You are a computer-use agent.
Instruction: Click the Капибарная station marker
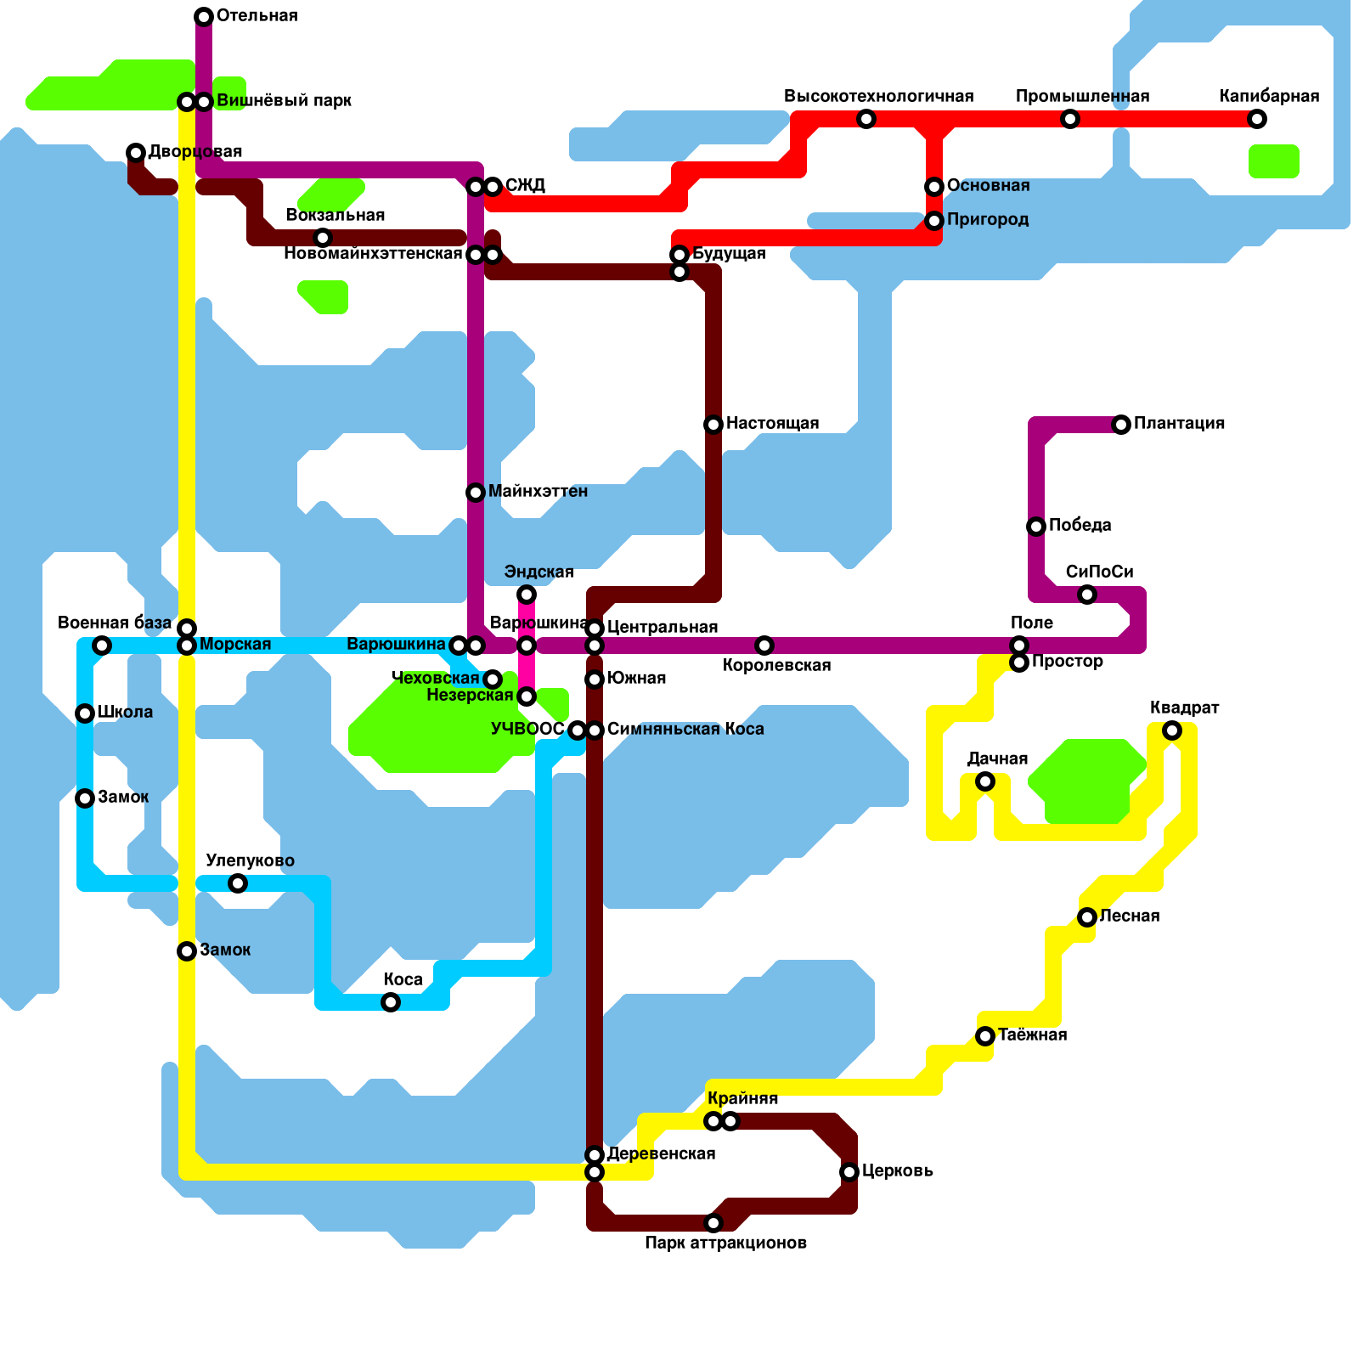coord(1257,119)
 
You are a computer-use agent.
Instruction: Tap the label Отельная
coord(257,16)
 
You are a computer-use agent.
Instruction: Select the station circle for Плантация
coord(1121,425)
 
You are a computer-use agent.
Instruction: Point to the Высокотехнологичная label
coord(878,96)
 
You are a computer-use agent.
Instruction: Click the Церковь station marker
coord(849,1172)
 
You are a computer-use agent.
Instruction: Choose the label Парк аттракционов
coord(725,1243)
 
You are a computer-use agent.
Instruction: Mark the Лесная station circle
coord(1087,917)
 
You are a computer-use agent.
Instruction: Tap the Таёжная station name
coord(1032,1035)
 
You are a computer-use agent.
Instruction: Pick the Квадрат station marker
coord(1172,730)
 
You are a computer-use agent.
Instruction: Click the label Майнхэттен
coord(538,492)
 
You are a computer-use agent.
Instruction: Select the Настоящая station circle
coord(713,425)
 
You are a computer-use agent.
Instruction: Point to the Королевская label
coord(776,666)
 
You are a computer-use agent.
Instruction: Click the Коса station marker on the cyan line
coord(391,1002)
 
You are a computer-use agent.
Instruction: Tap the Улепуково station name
coord(250,861)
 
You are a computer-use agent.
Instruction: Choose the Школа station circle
coord(85,713)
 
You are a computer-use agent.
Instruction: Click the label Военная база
coord(115,623)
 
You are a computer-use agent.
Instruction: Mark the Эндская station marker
coord(527,595)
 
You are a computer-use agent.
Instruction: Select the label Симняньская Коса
coord(685,730)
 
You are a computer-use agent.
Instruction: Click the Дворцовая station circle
coord(136,153)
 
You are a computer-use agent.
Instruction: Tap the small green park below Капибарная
coord(1273,161)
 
